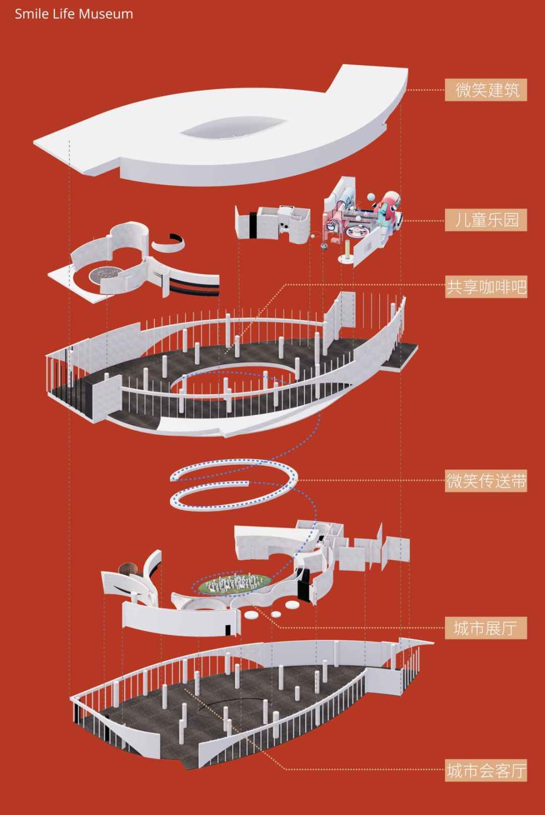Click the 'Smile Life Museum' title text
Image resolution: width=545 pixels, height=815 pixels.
pos(74,14)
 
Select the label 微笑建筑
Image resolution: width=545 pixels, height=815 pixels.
pos(485,90)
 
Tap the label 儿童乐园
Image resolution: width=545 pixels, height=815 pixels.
pos(485,220)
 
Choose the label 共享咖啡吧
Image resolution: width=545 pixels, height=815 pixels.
pos(485,286)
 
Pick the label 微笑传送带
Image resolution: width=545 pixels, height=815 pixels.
pos(485,481)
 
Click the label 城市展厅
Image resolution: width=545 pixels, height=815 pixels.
pos(485,628)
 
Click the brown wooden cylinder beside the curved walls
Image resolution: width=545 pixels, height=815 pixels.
pos(128,568)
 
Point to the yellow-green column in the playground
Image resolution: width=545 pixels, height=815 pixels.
pos(348,249)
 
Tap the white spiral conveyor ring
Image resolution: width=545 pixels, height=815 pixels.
pos(234,485)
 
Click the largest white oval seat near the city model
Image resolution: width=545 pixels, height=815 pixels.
pos(292,605)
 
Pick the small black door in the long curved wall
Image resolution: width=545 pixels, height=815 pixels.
pos(228,629)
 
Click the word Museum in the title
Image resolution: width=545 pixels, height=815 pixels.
pos(106,14)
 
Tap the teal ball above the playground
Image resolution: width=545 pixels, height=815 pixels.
pos(371,197)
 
